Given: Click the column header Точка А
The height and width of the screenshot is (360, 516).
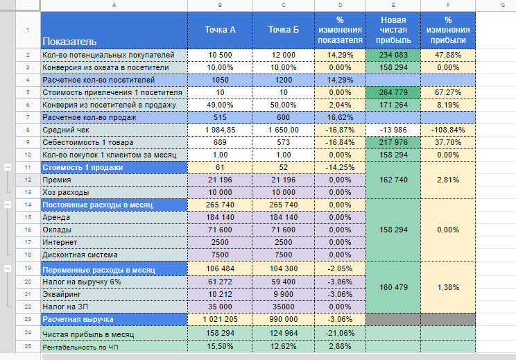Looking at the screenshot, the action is pyautogui.click(x=220, y=30).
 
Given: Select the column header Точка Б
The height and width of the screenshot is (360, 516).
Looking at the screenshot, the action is pyautogui.click(x=284, y=30).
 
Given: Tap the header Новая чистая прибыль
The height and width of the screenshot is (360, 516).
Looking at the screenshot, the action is pyautogui.click(x=393, y=30).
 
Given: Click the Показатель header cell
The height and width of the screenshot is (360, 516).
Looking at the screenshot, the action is pyautogui.click(x=114, y=31).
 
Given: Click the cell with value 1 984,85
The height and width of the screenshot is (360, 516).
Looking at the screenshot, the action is pyautogui.click(x=220, y=130).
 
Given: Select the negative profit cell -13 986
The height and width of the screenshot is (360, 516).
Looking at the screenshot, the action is pyautogui.click(x=393, y=130).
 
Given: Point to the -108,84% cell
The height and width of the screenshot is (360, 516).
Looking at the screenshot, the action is pyautogui.click(x=448, y=130).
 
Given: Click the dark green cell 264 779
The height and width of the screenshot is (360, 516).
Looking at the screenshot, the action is pyautogui.click(x=393, y=92).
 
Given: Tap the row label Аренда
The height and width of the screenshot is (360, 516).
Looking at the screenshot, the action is pyautogui.click(x=56, y=218).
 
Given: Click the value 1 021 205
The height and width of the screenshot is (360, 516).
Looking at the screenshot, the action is pyautogui.click(x=220, y=319).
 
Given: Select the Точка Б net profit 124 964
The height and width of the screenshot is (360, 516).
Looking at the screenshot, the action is pyautogui.click(x=284, y=333).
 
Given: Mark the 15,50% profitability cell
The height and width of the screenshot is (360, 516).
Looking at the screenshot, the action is pyautogui.click(x=220, y=346).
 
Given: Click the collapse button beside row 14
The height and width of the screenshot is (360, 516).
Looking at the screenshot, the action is pyautogui.click(x=8, y=205).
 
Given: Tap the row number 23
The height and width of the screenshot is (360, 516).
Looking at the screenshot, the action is pyautogui.click(x=28, y=319).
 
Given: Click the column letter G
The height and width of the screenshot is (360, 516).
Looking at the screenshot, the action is pyautogui.click(x=503, y=5).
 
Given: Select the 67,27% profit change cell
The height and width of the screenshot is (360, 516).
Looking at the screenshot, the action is pyautogui.click(x=448, y=92).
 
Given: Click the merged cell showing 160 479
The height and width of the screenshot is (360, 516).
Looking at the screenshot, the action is pyautogui.click(x=393, y=287).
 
